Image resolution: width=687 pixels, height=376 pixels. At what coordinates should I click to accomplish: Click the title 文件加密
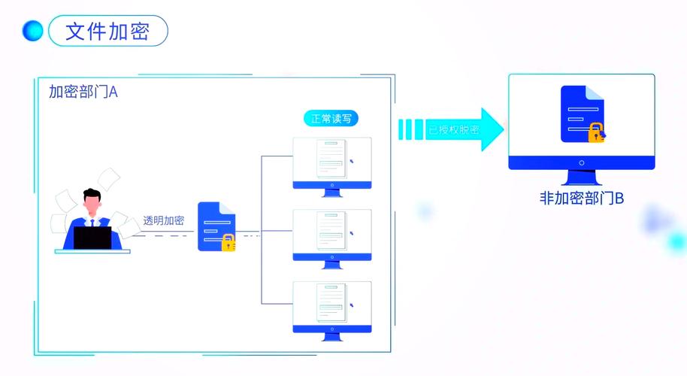coord(107,32)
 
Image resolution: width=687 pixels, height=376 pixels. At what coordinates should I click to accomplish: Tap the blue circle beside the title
coord(33,32)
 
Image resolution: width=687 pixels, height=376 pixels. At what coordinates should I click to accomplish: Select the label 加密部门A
coord(83,92)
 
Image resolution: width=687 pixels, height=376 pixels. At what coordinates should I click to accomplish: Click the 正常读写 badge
coord(331,119)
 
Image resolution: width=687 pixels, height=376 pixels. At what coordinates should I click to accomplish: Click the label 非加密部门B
coord(582,199)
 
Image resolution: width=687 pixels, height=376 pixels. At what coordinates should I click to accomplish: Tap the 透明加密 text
coord(163,220)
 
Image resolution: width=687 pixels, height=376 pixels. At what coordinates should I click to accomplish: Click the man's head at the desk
coord(92,202)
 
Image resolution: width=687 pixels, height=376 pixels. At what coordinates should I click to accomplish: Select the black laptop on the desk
coord(92,238)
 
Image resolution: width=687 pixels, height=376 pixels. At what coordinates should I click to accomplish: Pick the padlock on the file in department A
coord(228,242)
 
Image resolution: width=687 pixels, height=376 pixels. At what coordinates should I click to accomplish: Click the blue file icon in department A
coord(215,225)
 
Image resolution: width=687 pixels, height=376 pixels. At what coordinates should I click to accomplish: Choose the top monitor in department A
coord(331,163)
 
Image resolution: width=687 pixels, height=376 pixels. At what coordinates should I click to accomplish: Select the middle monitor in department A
coord(331,235)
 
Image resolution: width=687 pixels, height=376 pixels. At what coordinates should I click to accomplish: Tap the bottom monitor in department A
coord(331,306)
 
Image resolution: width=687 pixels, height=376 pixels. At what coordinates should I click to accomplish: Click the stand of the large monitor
coord(582,178)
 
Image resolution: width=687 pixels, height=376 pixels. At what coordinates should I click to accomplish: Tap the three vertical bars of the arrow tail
coord(406,129)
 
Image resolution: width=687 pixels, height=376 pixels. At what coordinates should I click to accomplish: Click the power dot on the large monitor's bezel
coord(582,162)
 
